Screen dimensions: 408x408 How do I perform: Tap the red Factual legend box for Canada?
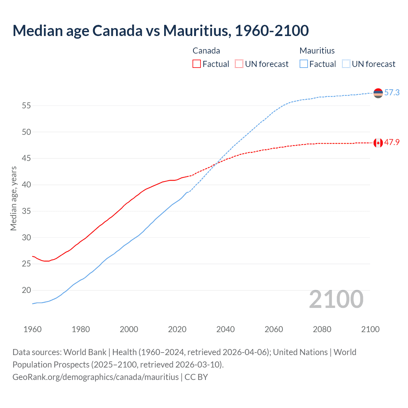[197, 64]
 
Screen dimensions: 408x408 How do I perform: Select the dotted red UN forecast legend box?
[239, 64]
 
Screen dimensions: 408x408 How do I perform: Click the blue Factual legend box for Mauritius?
[304, 64]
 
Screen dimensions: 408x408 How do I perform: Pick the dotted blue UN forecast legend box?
[346, 64]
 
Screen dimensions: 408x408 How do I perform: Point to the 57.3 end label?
[392, 93]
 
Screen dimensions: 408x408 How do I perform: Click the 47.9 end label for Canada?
[392, 142]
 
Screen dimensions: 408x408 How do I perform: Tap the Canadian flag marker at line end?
[378, 143]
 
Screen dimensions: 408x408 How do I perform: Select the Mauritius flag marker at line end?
[378, 93]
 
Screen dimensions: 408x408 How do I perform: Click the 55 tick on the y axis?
[26, 106]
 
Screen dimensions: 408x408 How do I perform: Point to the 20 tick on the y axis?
[26, 290]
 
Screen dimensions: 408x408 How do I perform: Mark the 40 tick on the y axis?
[26, 185]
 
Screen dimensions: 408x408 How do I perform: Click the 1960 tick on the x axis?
[33, 329]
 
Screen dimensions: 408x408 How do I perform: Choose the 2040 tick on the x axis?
[225, 329]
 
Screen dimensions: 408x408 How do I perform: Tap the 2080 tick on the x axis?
[322, 329]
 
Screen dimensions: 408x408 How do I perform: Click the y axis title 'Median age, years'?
[13, 198]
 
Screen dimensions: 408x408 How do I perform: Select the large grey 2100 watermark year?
[336, 299]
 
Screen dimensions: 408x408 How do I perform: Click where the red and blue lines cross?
[216, 164]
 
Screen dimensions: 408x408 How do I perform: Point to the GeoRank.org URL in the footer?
[96, 377]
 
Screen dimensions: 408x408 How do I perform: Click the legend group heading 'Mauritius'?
[317, 51]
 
